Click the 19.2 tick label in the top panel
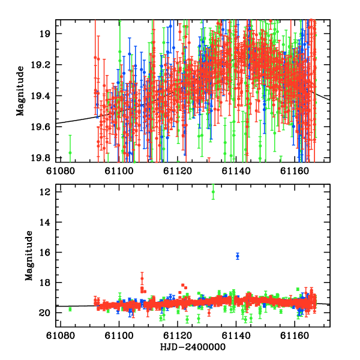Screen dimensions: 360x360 click(x=40, y=65)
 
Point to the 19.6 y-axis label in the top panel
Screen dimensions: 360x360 click(x=40, y=127)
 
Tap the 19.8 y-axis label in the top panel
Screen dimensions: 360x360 click(x=40, y=158)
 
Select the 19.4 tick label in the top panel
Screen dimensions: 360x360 click(x=40, y=96)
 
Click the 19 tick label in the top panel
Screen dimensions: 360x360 click(x=44, y=34)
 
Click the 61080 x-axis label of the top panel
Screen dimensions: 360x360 click(x=61, y=171)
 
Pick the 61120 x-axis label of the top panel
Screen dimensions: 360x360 click(x=178, y=171)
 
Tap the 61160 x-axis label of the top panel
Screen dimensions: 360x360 click(x=295, y=171)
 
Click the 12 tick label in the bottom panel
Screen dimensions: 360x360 click(x=44, y=192)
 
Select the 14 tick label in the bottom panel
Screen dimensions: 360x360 click(x=44, y=222)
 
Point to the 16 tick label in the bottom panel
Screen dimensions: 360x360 click(x=44, y=253)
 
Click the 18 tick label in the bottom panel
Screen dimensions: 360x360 click(x=44, y=283)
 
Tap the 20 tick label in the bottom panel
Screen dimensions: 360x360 click(x=44, y=313)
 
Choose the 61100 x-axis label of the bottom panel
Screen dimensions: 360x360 click(x=119, y=335)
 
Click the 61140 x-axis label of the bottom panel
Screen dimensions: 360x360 click(x=236, y=335)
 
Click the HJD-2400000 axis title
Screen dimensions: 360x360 click(x=193, y=347)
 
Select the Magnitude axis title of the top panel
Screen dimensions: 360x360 click(x=20, y=91)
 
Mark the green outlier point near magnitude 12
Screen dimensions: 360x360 click(x=213, y=192)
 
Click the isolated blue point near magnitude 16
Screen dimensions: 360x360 click(x=238, y=256)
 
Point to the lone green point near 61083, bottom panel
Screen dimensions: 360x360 click(x=70, y=309)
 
